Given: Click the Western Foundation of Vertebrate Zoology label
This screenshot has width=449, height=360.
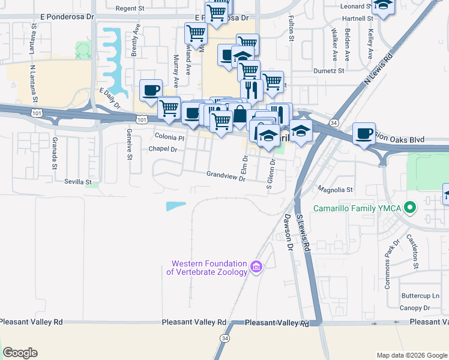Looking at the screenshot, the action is coord(209,268).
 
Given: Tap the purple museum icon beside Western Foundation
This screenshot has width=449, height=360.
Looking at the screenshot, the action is coord(256,266).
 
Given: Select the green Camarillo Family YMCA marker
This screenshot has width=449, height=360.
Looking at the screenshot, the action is coord(411,209).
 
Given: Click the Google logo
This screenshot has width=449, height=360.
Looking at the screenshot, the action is coord(20,353).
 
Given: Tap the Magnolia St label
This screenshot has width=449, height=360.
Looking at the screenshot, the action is coord(335,190).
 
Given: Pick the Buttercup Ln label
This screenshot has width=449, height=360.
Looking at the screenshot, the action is coord(420,296).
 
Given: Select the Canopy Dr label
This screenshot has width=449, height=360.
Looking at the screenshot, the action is coord(418,308).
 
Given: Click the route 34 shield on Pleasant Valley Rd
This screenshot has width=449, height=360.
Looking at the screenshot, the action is coord(225,338).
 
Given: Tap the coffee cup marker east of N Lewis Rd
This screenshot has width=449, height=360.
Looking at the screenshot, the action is coord(363,134).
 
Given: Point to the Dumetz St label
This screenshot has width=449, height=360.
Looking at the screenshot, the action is coord(328,70).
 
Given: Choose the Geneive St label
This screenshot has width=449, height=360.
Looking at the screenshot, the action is coord(129,145).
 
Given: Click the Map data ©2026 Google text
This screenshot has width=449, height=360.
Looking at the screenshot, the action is coord(411,355).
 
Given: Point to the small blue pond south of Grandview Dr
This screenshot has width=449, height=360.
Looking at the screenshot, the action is coord(176,206).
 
